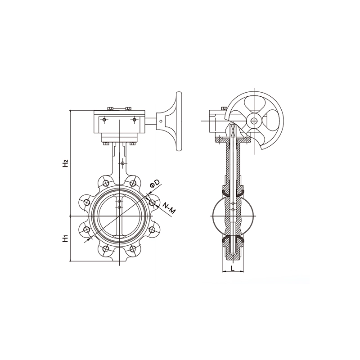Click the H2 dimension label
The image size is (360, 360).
coord(66,163)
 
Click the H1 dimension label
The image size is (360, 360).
coord(66,238)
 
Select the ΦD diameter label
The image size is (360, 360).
coord(155,184)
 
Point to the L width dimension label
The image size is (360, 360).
coord(233,268)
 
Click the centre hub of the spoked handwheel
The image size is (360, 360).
coord(254,121)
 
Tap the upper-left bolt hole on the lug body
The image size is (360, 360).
coord(106,183)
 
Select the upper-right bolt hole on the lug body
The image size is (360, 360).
coord(133,183)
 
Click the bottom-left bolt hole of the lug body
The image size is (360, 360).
coord(106,249)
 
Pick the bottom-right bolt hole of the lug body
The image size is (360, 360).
coord(133,249)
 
